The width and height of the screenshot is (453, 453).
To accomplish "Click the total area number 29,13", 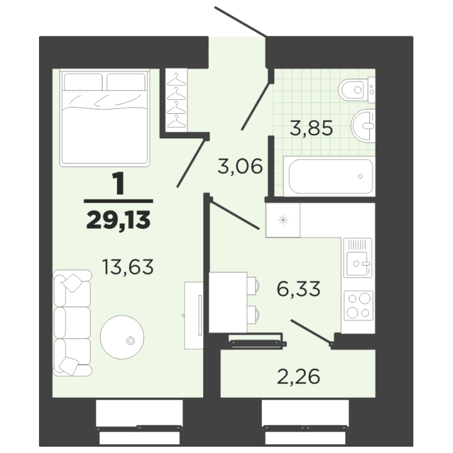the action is [x=118, y=220].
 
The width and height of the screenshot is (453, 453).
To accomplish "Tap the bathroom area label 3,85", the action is [x=311, y=128].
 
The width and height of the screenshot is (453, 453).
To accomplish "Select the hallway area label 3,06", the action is [x=240, y=166].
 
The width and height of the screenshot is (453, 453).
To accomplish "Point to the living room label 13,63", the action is [x=128, y=267].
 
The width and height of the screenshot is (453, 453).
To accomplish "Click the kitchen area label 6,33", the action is [x=298, y=289].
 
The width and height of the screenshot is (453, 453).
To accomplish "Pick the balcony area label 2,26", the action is [x=298, y=376].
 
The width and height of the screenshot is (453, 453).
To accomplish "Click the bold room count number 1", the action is [x=120, y=183].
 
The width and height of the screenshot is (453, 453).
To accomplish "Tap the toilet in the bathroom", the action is [x=357, y=90].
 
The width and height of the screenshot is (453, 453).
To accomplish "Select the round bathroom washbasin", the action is [x=363, y=126].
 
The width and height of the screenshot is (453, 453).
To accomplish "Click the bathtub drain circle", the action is [x=360, y=177].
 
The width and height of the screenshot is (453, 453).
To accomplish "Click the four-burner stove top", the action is [x=359, y=305].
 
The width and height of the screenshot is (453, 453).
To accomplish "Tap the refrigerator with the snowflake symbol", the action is [x=283, y=220].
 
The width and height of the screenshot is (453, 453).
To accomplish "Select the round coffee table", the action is [x=122, y=337].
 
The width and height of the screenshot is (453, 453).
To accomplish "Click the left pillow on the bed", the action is [x=83, y=82].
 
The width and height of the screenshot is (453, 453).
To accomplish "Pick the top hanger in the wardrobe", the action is [x=176, y=80].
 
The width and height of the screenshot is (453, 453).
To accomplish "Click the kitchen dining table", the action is [x=228, y=302].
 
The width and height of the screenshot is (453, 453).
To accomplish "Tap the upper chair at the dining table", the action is [x=253, y=286].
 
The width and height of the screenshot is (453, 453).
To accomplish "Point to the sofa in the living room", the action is [x=72, y=323].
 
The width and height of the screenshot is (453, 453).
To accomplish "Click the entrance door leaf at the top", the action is [x=240, y=21].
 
